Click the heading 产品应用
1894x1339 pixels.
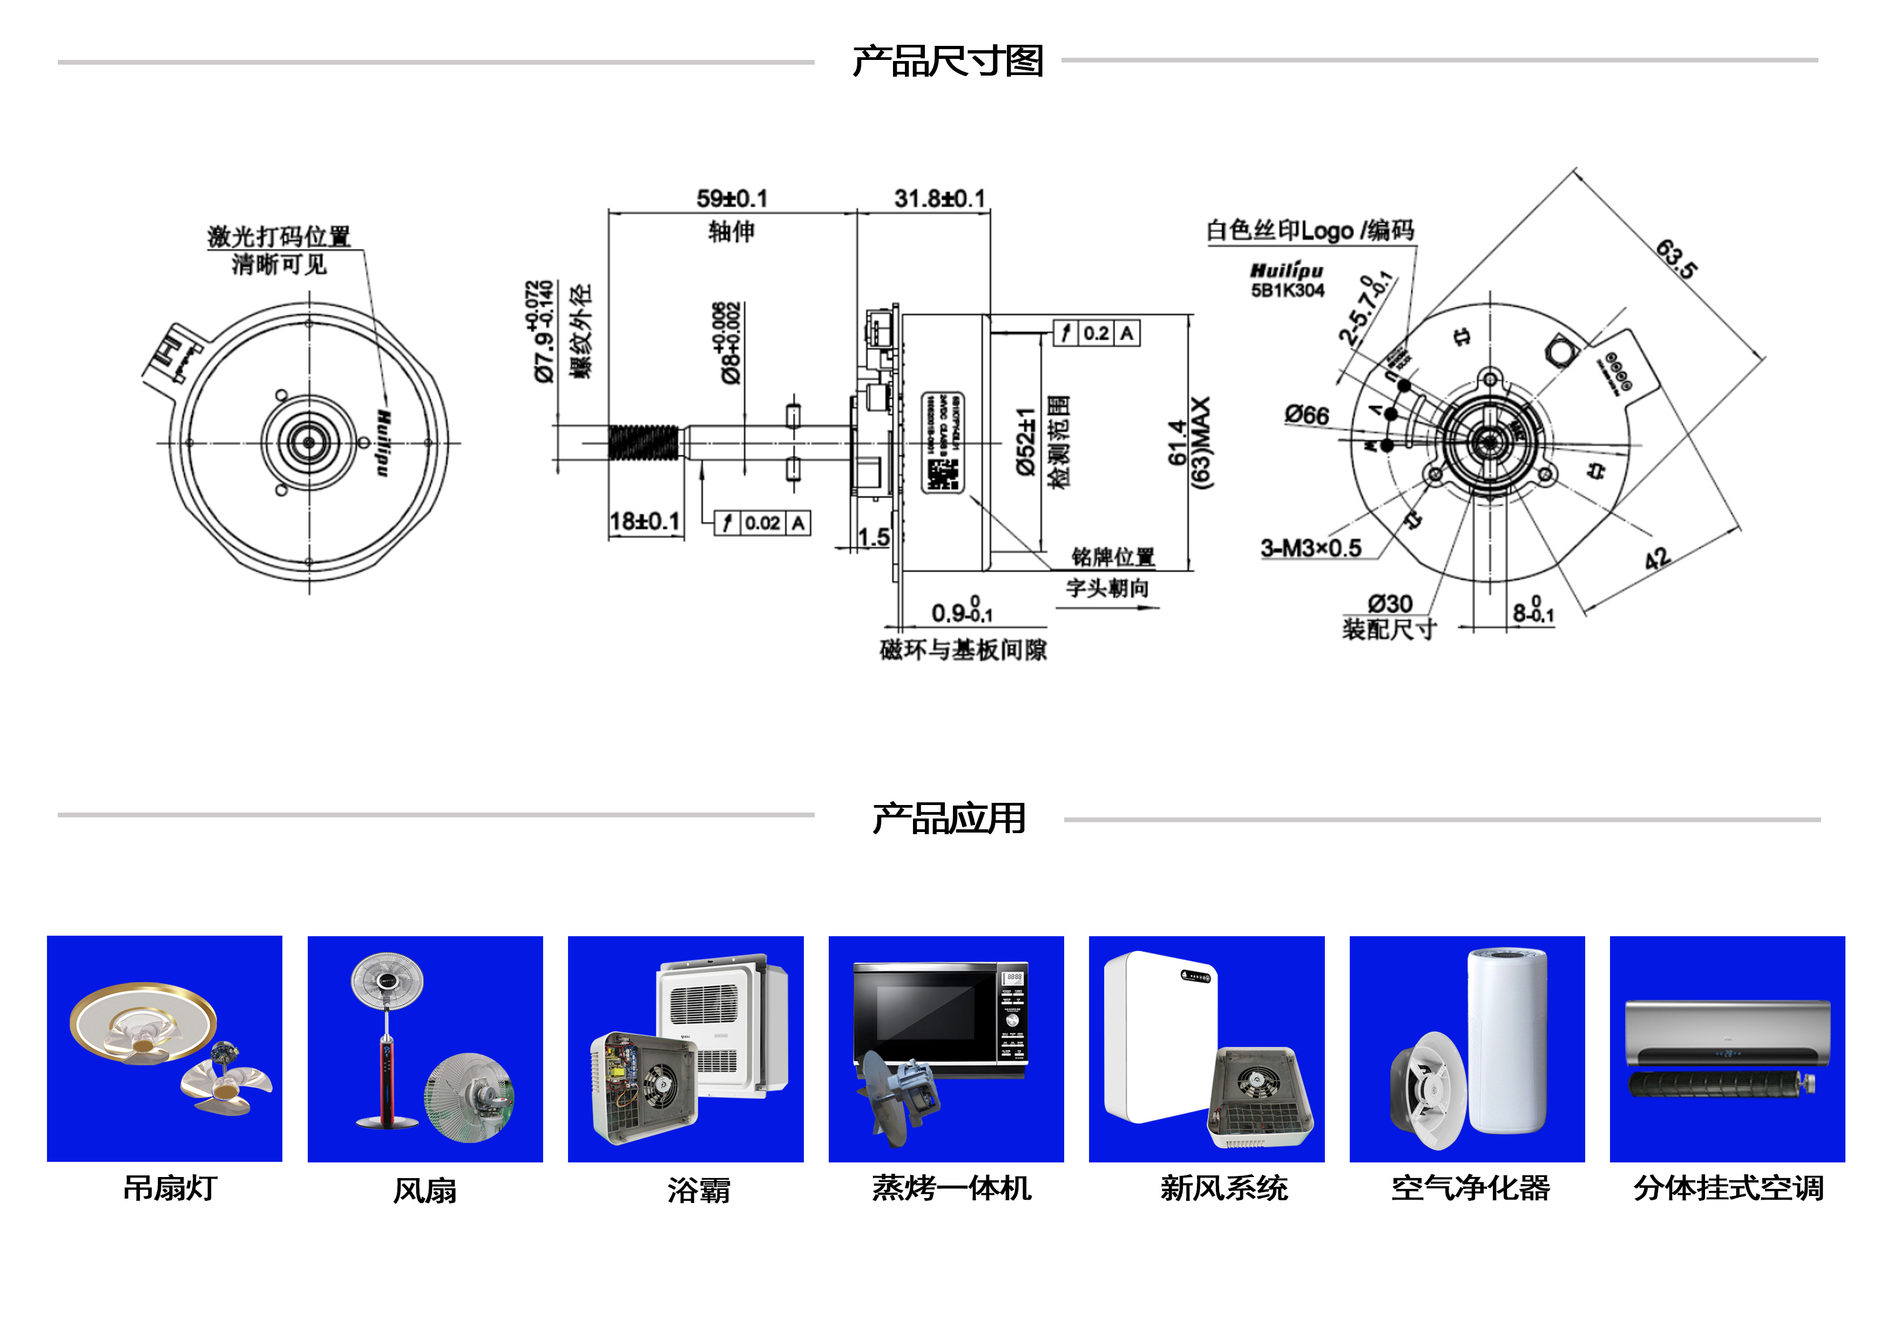(x=949, y=819)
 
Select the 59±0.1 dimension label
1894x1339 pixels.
(x=732, y=199)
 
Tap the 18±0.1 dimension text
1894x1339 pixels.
(x=644, y=522)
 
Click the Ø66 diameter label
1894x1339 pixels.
(x=1307, y=415)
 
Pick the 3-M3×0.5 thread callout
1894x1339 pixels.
(x=1311, y=548)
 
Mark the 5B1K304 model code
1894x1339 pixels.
(x=1287, y=290)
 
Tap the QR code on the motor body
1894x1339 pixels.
(x=943, y=475)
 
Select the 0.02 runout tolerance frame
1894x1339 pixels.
(x=762, y=523)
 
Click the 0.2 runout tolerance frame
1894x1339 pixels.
(x=1097, y=333)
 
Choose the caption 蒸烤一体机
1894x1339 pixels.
(x=951, y=1188)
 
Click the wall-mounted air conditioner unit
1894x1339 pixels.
(x=1727, y=1033)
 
